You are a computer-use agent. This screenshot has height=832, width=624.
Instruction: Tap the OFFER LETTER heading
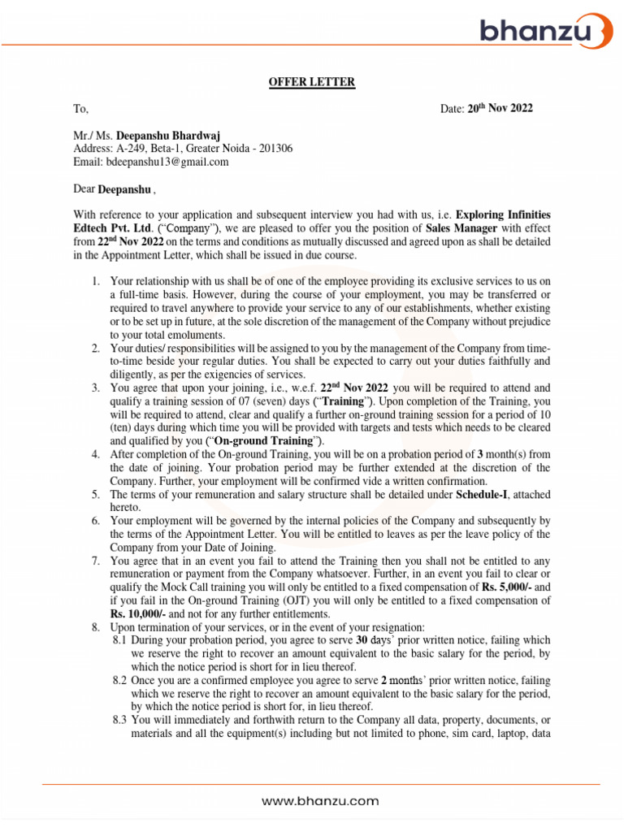coord(312,81)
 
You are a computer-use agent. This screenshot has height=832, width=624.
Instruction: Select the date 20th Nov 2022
coord(500,108)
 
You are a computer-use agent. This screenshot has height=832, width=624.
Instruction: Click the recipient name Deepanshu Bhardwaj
coord(168,135)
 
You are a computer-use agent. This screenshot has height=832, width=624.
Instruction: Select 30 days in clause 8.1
coord(375,640)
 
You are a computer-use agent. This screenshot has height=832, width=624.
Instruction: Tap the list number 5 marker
coord(95,494)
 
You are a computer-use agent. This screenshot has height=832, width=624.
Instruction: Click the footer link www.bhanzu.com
coord(320,801)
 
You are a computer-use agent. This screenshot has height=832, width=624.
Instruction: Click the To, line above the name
coord(80,108)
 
